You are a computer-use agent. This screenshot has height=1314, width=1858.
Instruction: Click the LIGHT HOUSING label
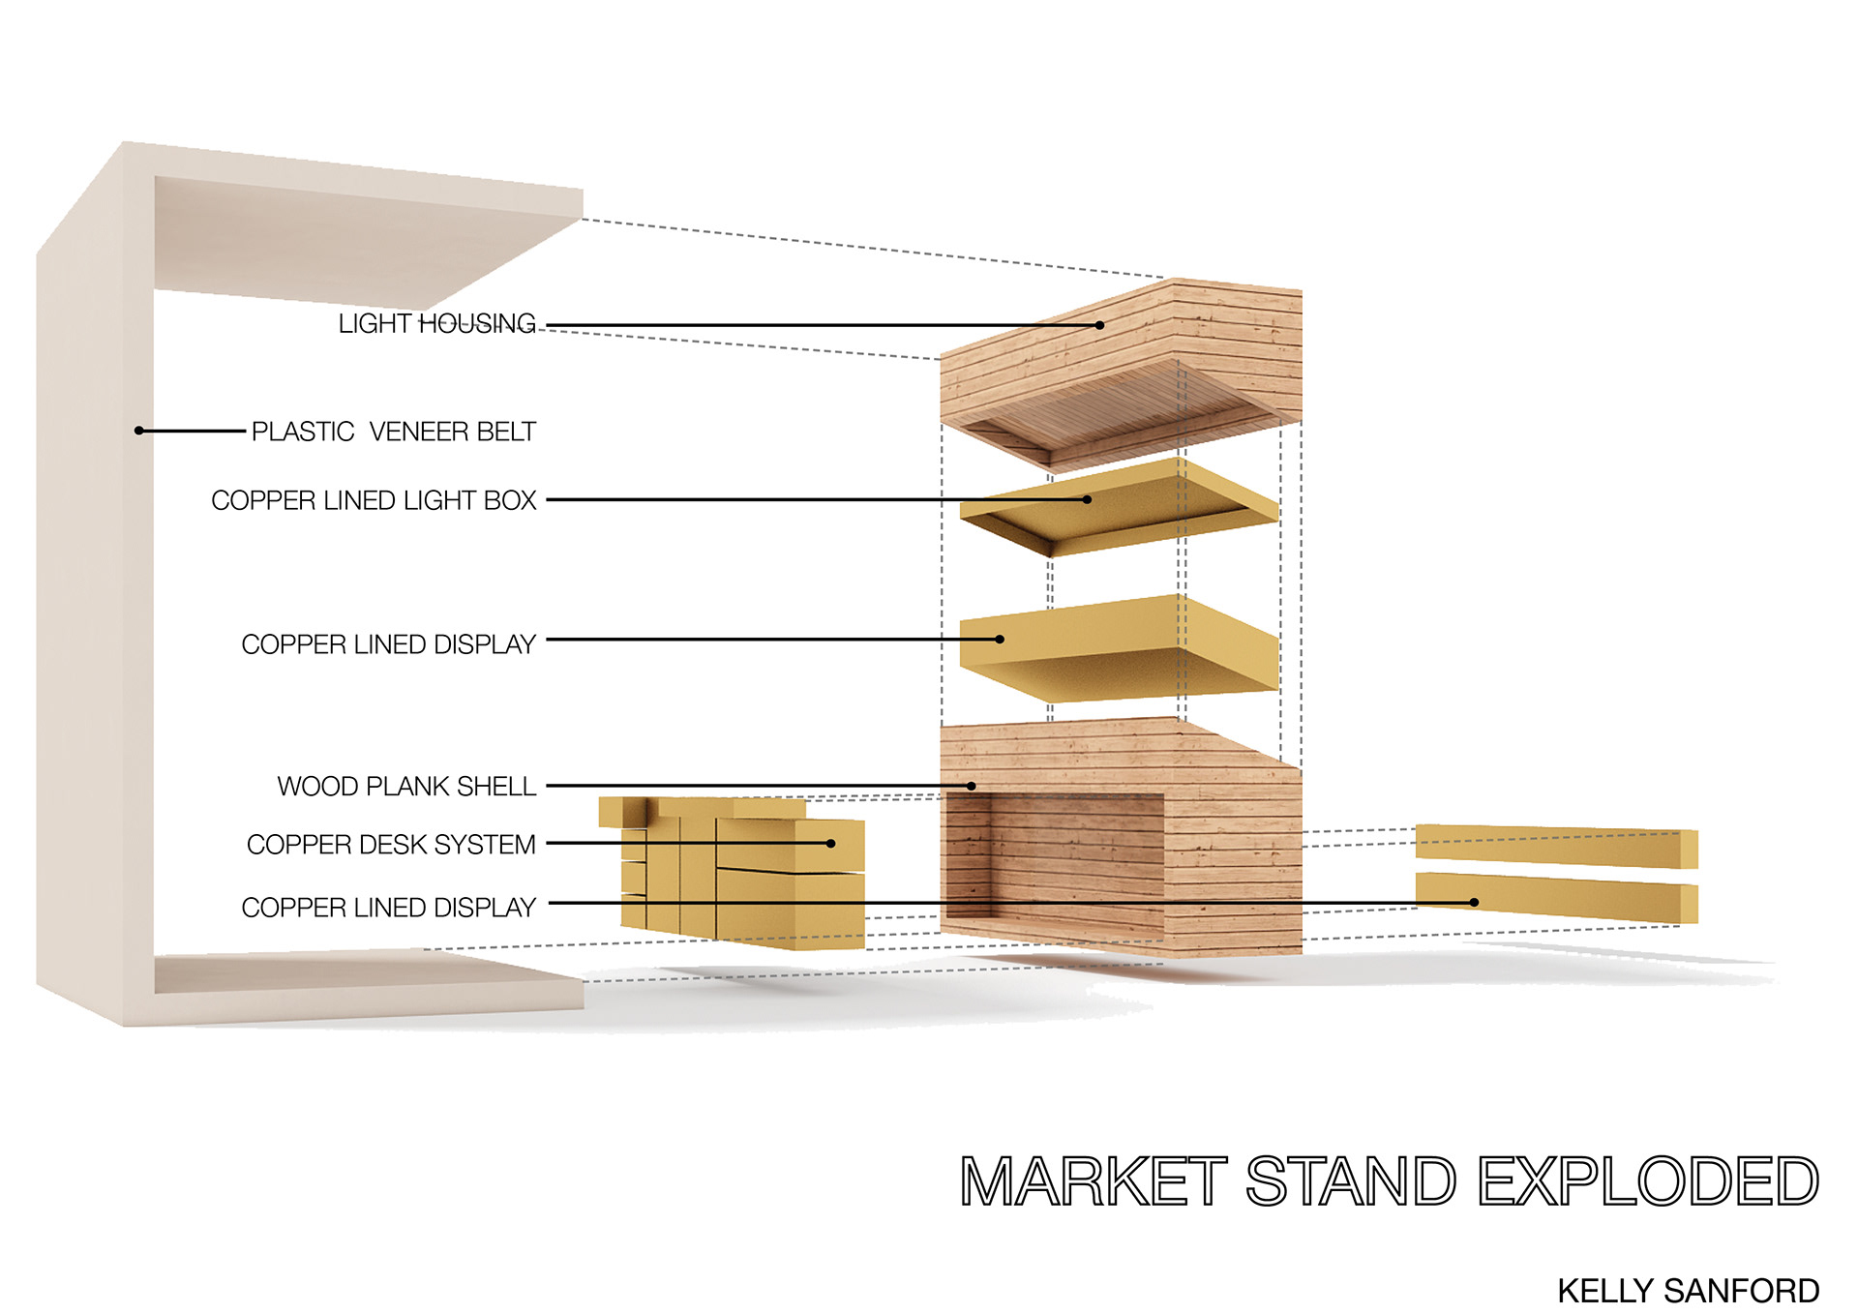click(436, 323)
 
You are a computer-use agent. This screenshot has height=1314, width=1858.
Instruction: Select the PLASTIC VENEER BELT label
click(393, 432)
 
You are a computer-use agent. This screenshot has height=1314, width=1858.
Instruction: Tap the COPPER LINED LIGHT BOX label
click(374, 500)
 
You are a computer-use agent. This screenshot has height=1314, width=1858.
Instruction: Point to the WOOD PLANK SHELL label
click(406, 786)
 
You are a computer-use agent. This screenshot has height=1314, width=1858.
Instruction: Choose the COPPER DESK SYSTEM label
click(391, 845)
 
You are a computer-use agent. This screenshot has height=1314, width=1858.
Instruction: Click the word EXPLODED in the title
click(1648, 1181)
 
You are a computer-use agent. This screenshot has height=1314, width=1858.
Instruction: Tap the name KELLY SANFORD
click(1688, 1291)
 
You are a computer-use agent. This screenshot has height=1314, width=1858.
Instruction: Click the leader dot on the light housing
click(1099, 325)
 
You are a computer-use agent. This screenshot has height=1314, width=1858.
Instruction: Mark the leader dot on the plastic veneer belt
click(139, 431)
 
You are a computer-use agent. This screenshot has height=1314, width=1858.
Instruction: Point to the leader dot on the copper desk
click(830, 844)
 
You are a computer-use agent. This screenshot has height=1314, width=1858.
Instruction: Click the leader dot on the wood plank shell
click(972, 786)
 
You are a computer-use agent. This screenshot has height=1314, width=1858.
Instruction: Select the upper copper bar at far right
click(1555, 846)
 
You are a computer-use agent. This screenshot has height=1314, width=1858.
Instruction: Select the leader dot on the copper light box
click(1088, 499)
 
